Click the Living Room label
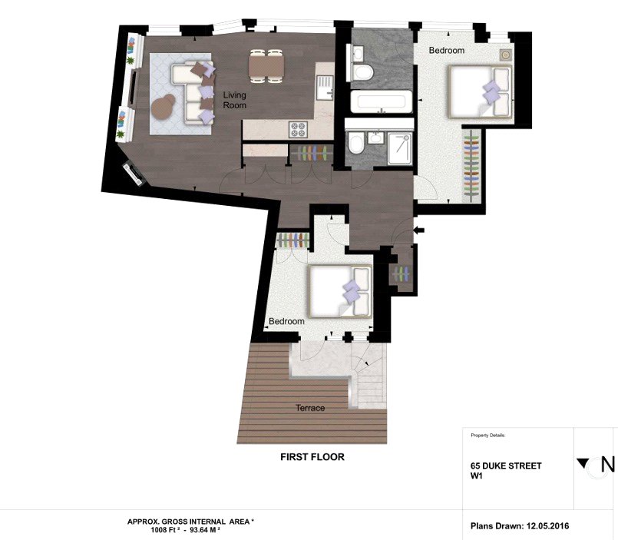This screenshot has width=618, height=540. click(x=234, y=100)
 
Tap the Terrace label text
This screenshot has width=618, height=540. click(x=310, y=408)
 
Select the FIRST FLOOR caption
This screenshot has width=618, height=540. click(x=312, y=457)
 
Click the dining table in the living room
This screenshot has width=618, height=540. click(x=266, y=66)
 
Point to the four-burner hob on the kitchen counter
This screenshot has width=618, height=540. click(x=298, y=129)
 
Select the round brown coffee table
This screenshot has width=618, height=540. click(x=164, y=107)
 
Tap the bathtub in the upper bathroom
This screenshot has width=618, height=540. click(x=381, y=101)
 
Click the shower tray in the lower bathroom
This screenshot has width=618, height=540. click(x=400, y=148)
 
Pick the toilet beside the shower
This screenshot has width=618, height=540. click(x=356, y=144)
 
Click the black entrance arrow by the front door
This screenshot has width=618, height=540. click(x=418, y=230)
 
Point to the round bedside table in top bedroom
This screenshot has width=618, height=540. click(x=506, y=55)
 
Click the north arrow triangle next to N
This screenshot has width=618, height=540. click(x=583, y=463)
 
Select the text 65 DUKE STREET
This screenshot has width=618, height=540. click(x=506, y=465)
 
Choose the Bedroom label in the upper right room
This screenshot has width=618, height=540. click(x=447, y=51)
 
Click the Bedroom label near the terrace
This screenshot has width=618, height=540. click(x=286, y=322)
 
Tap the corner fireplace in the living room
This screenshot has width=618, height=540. click(x=134, y=174)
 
